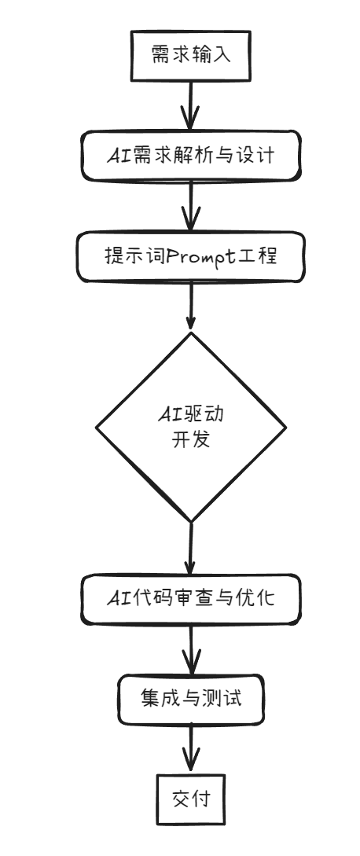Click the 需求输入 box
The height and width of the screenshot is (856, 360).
tap(189, 55)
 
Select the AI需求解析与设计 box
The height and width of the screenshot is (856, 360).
tap(191, 155)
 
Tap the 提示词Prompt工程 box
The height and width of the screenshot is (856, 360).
tap(191, 256)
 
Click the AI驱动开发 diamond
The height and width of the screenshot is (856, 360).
tap(190, 427)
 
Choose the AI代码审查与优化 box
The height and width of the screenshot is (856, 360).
tap(190, 599)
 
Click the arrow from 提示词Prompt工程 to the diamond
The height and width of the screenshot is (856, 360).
tap(191, 307)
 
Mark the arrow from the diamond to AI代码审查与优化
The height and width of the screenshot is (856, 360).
tap(190, 550)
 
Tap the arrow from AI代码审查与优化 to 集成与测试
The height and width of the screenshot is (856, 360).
tap(191, 649)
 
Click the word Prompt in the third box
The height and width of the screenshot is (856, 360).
tap(194, 257)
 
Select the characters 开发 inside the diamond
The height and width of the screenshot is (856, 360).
tap(190, 439)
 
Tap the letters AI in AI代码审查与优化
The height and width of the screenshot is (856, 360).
tap(119, 600)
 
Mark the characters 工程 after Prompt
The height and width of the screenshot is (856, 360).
tap(258, 256)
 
